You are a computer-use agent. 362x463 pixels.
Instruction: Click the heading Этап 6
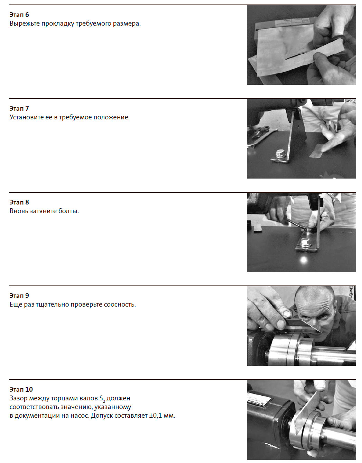(19, 15)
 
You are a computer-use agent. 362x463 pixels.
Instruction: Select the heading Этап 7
(19, 108)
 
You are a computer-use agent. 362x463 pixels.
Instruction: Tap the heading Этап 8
(19, 202)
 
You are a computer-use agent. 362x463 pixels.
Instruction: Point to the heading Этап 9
(19, 296)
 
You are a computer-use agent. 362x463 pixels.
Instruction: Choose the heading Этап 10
(21, 389)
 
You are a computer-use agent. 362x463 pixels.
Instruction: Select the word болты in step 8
(69, 211)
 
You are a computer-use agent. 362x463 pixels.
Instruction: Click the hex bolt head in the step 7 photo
(279, 154)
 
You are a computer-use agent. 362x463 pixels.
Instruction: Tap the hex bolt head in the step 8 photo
(305, 243)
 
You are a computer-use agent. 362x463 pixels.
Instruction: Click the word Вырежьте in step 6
(25, 24)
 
